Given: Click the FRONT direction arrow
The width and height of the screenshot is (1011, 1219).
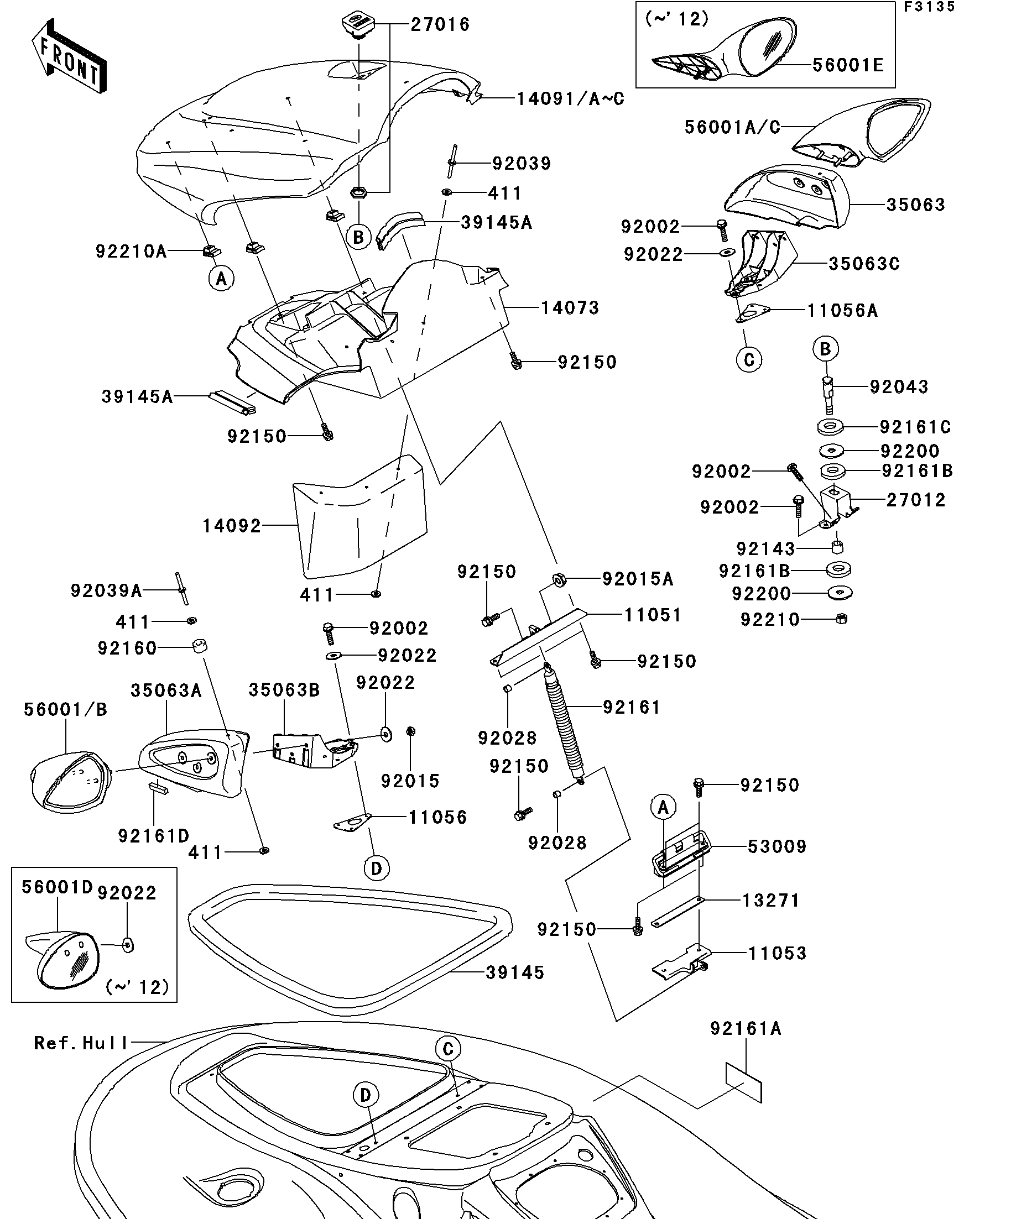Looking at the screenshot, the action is click(69, 57).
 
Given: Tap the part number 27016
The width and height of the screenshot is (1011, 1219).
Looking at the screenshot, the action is click(440, 25).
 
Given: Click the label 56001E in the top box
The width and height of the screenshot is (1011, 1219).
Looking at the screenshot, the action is click(848, 65).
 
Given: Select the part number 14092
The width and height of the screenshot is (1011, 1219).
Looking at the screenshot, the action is click(232, 526).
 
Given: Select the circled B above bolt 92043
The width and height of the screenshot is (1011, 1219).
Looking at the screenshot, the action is click(825, 349).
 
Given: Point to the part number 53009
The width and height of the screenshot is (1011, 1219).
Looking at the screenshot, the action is click(777, 847).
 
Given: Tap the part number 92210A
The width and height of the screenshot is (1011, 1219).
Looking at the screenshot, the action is click(131, 252).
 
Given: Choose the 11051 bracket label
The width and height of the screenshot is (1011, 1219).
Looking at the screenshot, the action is click(652, 615).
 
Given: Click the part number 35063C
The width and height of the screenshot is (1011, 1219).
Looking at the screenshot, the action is click(863, 264).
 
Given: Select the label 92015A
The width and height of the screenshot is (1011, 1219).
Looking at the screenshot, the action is click(638, 579).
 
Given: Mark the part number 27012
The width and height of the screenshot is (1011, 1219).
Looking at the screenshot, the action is click(916, 500).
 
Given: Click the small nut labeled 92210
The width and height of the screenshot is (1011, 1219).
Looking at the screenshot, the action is click(841, 619).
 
